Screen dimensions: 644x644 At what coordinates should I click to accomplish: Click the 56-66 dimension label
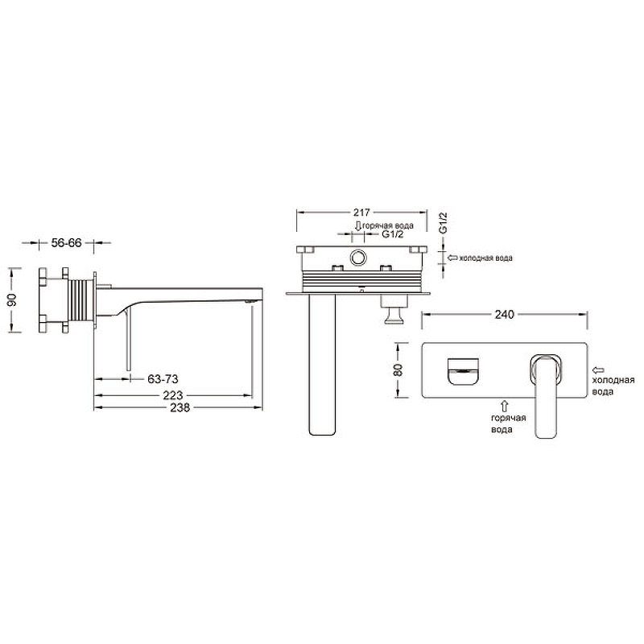pos(66,243)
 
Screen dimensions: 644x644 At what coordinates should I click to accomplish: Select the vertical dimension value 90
pos(12,299)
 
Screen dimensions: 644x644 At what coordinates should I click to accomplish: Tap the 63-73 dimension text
pos(163,378)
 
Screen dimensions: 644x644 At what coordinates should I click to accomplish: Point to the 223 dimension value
pos(172,395)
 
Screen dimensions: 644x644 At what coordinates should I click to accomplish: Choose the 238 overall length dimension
pos(180,407)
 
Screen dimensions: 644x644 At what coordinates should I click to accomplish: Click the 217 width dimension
pos(361,213)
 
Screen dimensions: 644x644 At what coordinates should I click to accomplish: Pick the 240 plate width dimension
pos(504,314)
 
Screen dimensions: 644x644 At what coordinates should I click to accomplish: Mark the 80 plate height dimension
pos(398,370)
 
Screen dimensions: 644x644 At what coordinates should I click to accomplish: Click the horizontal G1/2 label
pos(393,234)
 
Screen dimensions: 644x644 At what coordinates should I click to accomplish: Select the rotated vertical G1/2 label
pos(443,223)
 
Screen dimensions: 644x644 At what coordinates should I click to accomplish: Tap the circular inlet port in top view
pos(358,258)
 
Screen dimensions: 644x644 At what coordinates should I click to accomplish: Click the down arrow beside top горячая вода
pos(357,225)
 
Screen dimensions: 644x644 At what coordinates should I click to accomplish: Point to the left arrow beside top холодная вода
pos(452,258)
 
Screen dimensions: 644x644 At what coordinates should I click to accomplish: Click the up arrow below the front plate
pos(505,407)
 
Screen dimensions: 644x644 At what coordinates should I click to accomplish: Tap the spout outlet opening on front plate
pos(463,372)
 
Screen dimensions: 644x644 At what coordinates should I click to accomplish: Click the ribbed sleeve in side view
pos(81,299)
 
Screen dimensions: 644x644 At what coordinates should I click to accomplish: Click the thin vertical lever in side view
pos(128,341)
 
